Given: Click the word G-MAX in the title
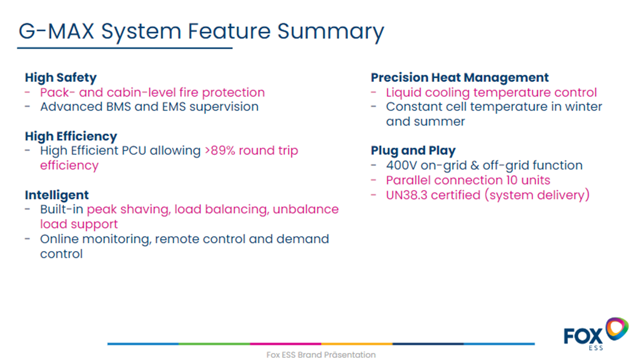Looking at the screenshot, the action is pos(57,31).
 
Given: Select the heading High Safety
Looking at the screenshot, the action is pos(61,78).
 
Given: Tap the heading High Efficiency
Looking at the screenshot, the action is pos(71,136).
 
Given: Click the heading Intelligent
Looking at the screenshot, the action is pos(57,195).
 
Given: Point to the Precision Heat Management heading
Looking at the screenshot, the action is pos(460,78).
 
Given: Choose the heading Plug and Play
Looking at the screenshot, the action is pos(413,151).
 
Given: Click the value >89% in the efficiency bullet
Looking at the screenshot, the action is pos(220,151).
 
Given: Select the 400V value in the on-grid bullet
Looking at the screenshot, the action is pos(402,165).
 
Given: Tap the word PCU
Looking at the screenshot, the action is pos(134,151).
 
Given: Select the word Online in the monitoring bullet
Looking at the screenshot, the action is pos(59,239).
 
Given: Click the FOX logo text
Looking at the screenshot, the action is pos(583,336).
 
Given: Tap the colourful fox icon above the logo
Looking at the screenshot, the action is pos(617,328).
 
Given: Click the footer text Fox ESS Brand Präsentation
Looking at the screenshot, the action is pos(321,355).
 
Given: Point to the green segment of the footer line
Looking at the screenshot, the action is pos(215,344).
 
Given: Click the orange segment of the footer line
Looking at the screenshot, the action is pos(357,344).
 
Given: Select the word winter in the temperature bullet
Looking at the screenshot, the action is pos(584,107).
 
